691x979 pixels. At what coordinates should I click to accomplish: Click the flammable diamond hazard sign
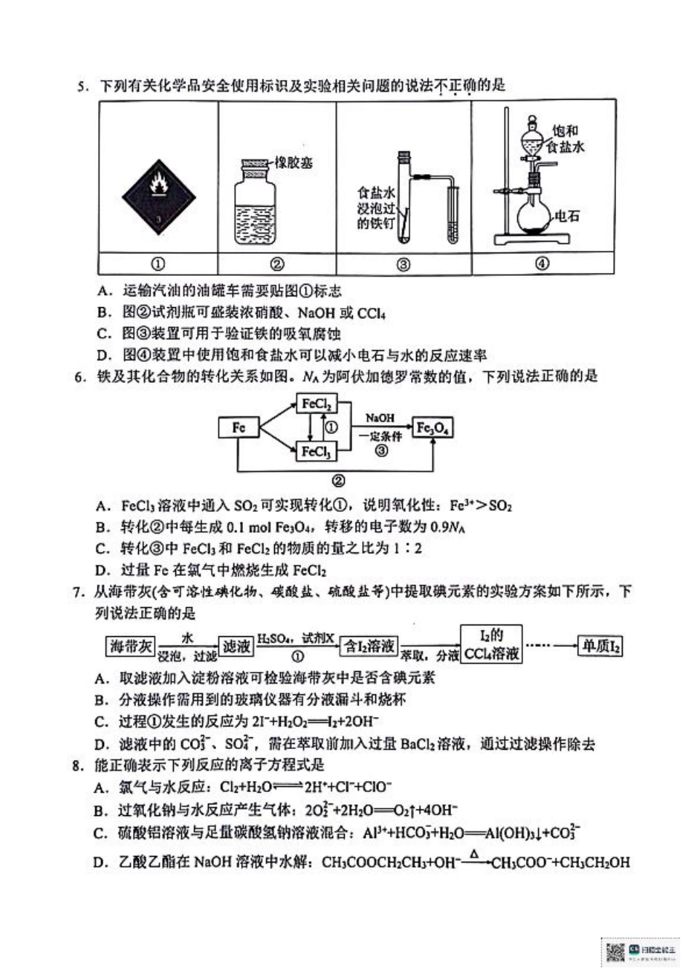pyautogui.click(x=159, y=195)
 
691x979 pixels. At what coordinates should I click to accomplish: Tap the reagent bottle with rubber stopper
pyautogui.click(x=255, y=203)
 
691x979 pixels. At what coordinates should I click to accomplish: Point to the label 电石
pyautogui.click(x=567, y=216)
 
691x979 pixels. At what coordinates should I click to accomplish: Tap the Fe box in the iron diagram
pyautogui.click(x=239, y=428)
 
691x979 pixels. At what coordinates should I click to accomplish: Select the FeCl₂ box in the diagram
pyautogui.click(x=316, y=404)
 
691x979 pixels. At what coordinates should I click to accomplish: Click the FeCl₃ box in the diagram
pyautogui.click(x=316, y=452)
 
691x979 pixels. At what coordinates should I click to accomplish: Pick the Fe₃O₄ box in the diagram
pyautogui.click(x=433, y=428)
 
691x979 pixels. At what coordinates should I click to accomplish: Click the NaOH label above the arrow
pyautogui.click(x=380, y=419)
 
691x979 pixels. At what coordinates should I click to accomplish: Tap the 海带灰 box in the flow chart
pyautogui.click(x=132, y=646)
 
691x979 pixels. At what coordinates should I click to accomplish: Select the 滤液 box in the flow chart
pyautogui.click(x=237, y=646)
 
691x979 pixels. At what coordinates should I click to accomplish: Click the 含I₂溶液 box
pyautogui.click(x=370, y=646)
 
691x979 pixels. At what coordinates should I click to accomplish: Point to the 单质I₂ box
pyautogui.click(x=599, y=646)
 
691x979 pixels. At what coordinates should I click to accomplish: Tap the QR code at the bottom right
pyautogui.click(x=615, y=951)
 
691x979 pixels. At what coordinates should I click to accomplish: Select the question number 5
pyautogui.click(x=82, y=87)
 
